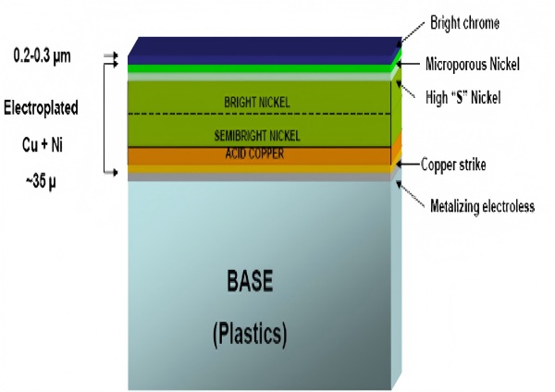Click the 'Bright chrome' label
pos(464,23)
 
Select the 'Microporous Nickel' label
pos(472,65)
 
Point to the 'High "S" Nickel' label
pos(463,97)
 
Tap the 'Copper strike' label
pos(453,165)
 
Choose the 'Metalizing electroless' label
pos(482,206)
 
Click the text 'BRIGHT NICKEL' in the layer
pos(257,103)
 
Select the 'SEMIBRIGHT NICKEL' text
pos(257,136)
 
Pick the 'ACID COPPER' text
pos(254,153)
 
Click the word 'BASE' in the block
pos(250,280)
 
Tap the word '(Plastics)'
pos(250,335)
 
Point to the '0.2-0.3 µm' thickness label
pos(42,56)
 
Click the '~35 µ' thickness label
pos(41,182)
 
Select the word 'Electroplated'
pos(41,108)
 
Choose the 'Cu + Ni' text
pos(43,145)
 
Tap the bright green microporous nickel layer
pos(260,68)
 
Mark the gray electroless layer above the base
pos(260,177)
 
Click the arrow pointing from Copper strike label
pos(408,165)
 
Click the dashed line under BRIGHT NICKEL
pos(259,114)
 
